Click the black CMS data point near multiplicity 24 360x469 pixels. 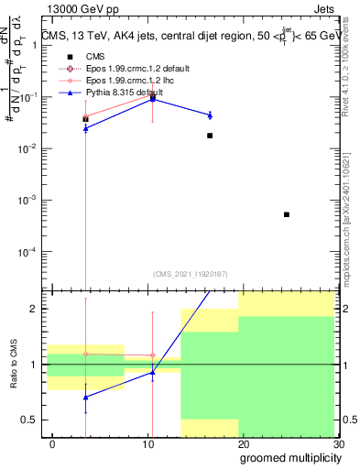287,214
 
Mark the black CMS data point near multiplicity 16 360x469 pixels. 210,136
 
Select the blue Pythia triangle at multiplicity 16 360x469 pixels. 210,115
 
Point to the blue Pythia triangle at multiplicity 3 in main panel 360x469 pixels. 85,129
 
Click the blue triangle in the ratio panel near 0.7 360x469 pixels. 85,398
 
